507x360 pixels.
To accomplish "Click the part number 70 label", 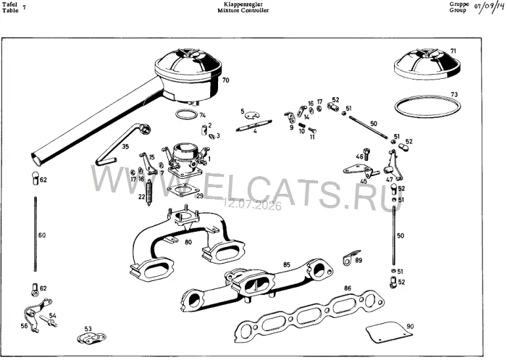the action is pos(226,79).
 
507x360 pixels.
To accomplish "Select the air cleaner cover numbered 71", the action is pos(428,64).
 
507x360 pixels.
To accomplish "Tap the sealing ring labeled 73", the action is pos(428,105).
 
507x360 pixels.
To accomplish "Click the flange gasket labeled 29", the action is pos(182,191).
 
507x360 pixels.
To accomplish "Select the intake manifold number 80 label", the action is pos(188,242).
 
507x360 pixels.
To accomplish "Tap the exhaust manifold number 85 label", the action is pos(286,265).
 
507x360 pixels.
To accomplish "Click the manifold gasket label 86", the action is pos(347,288).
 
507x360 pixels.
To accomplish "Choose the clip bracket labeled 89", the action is pos(350,258).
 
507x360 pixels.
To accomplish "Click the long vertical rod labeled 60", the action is pos(35,234).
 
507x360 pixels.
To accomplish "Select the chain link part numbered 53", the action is pos(91,338).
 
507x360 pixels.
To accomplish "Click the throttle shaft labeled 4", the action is pos(254,125).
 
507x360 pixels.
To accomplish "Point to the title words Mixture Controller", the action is pos(243,11).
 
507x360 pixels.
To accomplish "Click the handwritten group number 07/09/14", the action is pos(489,7).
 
